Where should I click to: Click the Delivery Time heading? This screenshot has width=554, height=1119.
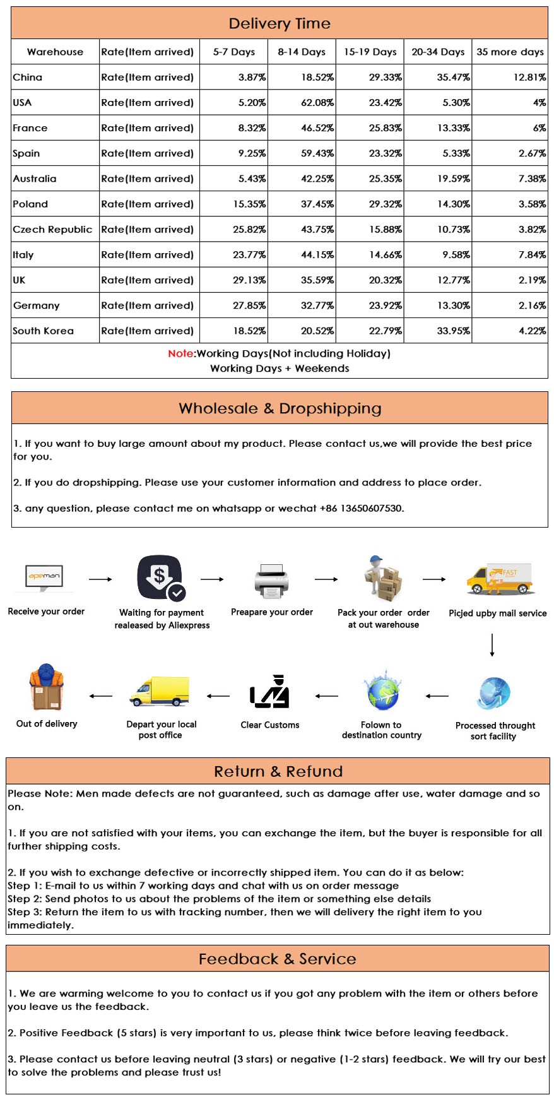click(280, 24)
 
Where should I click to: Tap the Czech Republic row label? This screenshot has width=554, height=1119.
click(52, 230)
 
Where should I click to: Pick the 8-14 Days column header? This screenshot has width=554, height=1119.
click(302, 52)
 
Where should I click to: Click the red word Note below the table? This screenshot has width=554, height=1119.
click(180, 353)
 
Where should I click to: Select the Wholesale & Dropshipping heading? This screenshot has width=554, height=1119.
click(280, 408)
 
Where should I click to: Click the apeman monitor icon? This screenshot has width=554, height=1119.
click(44, 577)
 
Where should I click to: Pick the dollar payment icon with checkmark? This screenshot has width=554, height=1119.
click(161, 577)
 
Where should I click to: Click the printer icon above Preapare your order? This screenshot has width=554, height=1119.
click(272, 580)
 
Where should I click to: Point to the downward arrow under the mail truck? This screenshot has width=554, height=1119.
click(492, 645)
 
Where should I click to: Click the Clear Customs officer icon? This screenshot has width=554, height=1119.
click(270, 692)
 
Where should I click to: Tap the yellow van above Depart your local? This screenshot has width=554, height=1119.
click(160, 692)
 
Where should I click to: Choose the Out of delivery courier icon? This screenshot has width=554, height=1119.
click(46, 687)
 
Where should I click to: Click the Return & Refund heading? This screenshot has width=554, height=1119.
click(278, 771)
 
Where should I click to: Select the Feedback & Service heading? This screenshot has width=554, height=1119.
click(278, 959)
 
